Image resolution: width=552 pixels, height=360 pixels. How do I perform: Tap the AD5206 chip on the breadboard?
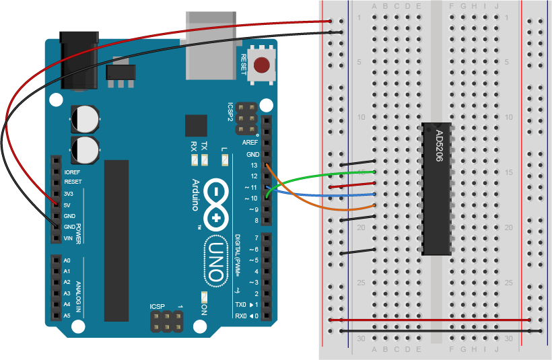click(437, 188)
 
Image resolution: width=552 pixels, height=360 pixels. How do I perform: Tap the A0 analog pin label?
click(67, 260)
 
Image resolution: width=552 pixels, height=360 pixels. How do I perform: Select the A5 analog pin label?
click(67, 316)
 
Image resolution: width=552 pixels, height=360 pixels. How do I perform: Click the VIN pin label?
click(68, 238)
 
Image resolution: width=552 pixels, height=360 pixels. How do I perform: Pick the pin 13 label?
click(253, 165)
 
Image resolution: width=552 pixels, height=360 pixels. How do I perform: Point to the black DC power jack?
click(79, 61)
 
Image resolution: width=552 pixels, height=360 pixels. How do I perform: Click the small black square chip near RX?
click(196, 126)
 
